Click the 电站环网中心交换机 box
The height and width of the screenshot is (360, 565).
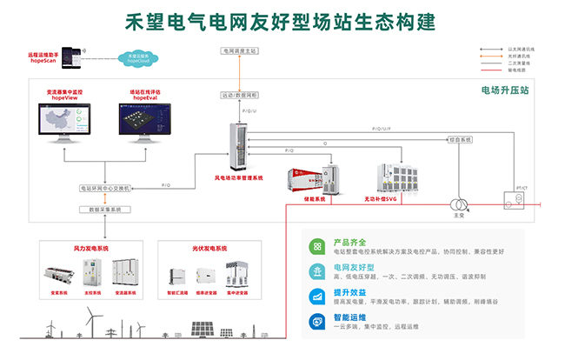(104, 188)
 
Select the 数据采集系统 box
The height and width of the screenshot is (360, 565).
(104, 210)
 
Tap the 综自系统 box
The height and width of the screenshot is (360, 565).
(461, 139)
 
